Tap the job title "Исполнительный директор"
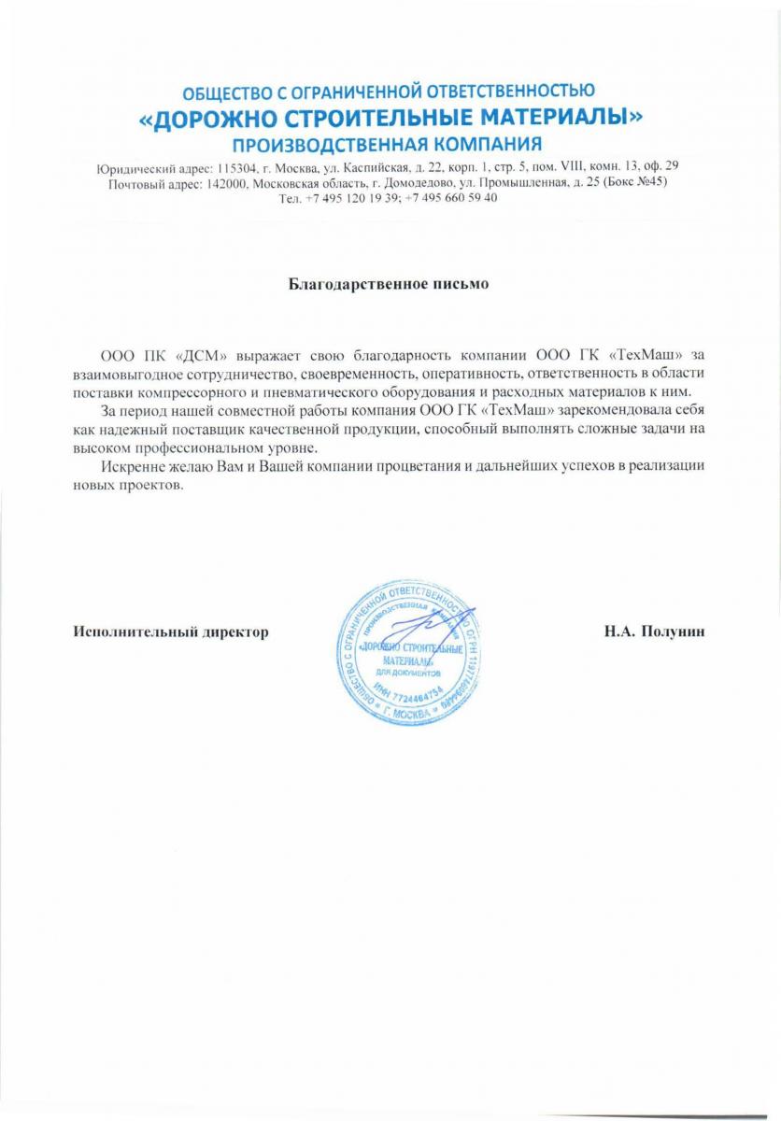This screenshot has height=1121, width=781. [x=172, y=631]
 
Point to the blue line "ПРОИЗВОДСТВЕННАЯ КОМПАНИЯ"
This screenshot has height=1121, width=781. [x=388, y=145]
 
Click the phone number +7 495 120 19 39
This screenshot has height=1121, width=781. [x=351, y=198]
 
